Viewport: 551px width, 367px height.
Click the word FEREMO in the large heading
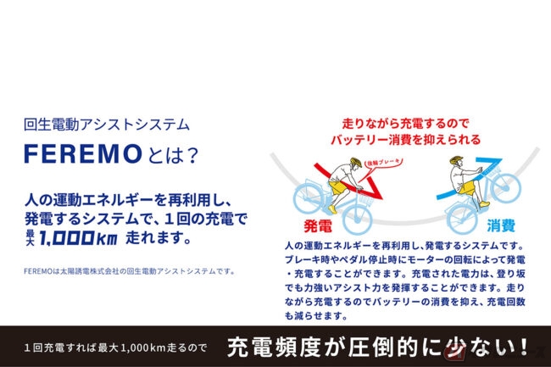pyautogui.click(x=82, y=153)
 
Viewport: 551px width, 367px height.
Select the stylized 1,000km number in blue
pyautogui.click(x=78, y=238)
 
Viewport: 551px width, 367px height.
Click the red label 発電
pyautogui.click(x=318, y=225)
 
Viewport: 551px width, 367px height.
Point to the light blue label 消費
pyautogui.click(x=501, y=225)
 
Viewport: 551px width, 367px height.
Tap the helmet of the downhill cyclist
pyautogui.click(x=356, y=162)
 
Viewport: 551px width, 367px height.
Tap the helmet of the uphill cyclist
pyautogui.click(x=456, y=160)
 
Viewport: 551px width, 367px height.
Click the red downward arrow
pyautogui.click(x=348, y=182)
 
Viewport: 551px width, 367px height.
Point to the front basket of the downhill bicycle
pyautogui.click(x=365, y=199)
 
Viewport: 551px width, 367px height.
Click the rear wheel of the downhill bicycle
pyautogui.click(x=306, y=199)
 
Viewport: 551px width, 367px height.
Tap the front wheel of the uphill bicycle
pyautogui.click(x=506, y=188)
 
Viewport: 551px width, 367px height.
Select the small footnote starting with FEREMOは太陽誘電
pyautogui.click(x=130, y=271)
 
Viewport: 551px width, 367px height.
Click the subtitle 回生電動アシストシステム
pyautogui.click(x=107, y=125)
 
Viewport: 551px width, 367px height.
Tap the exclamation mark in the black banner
pyautogui.click(x=524, y=347)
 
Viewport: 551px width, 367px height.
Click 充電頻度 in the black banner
pyautogui.click(x=274, y=347)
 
